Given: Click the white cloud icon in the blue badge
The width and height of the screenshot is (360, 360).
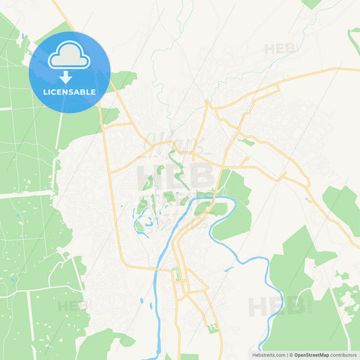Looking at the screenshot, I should click(70, 56).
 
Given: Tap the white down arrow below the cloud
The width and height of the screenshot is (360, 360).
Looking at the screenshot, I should click(65, 76).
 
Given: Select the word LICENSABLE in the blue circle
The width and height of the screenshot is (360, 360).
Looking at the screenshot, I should click(70, 91).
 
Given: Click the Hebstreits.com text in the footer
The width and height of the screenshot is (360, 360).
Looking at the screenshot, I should click(266, 354).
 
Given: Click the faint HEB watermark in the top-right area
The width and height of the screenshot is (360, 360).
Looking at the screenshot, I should click(280, 49).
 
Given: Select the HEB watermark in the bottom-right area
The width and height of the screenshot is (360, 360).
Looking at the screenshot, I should click(276, 307).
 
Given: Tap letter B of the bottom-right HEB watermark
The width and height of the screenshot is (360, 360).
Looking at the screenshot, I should click(295, 307).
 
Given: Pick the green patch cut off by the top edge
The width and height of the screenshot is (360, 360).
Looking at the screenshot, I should click(311, 3).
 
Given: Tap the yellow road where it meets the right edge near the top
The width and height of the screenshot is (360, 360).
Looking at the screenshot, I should click(357, 69).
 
